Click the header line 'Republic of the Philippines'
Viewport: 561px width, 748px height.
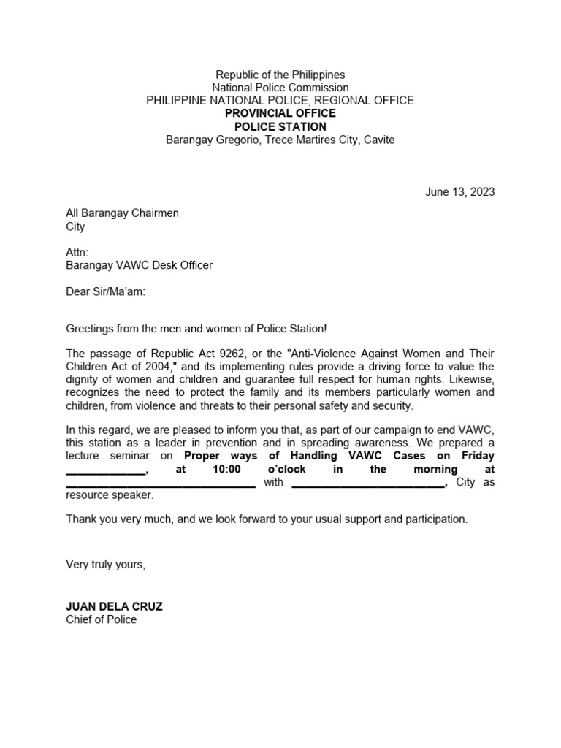point(280,75)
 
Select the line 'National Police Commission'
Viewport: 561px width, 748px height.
point(280,88)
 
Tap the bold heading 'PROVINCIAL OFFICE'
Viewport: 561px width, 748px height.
point(280,113)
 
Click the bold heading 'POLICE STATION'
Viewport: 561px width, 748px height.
point(280,126)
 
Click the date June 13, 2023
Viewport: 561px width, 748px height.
point(459,192)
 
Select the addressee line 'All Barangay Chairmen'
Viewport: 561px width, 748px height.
point(122,213)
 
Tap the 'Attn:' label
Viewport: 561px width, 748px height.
point(77,252)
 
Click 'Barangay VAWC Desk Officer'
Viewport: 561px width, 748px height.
point(139,265)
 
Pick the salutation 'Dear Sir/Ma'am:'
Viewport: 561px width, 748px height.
point(106,291)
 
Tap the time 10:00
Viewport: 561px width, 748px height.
point(226,469)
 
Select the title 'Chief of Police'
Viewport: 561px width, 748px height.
point(101,619)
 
